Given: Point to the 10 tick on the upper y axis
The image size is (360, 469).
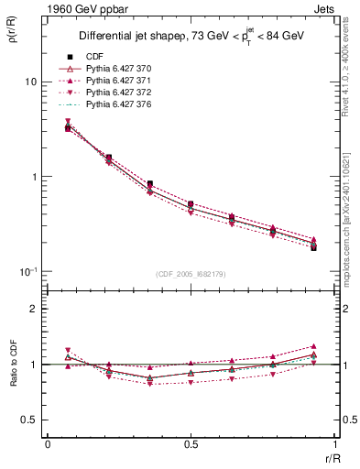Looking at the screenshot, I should tap(30, 82).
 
